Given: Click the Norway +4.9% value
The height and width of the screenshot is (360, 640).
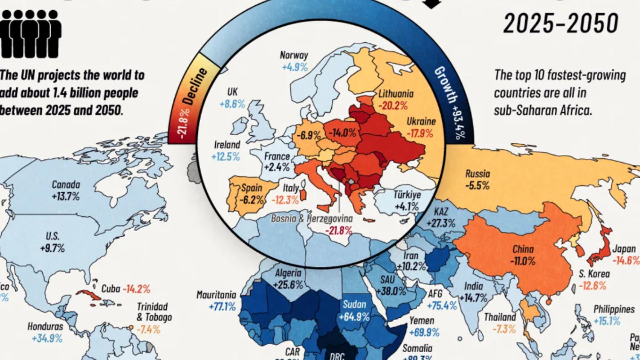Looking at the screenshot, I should click(x=295, y=67).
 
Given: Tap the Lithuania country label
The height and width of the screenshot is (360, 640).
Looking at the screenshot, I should click(x=396, y=94).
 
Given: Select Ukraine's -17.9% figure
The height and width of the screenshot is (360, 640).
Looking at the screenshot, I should click(x=420, y=134).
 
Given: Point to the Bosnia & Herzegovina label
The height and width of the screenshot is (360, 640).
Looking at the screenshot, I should click(x=312, y=219).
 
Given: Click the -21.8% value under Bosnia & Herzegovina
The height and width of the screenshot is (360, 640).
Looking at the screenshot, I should click(x=339, y=230).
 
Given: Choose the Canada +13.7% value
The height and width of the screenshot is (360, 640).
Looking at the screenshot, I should click(x=66, y=196).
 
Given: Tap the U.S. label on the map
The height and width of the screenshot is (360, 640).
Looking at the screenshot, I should click(x=53, y=236).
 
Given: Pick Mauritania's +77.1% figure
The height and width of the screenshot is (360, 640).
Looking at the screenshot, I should click(x=222, y=306).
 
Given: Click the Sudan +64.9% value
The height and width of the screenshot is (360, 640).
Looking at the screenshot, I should click(x=354, y=316).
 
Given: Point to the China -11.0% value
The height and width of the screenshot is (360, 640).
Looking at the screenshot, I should click(x=523, y=261).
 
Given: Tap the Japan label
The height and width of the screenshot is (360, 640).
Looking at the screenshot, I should click(x=624, y=249).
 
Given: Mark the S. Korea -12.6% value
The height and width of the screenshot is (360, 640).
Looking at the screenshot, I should click(x=592, y=286).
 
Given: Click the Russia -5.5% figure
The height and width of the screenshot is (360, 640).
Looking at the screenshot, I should click(x=477, y=185).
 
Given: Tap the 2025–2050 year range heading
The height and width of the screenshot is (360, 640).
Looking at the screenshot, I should click(x=561, y=23).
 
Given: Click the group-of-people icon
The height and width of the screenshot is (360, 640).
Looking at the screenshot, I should click(x=31, y=33).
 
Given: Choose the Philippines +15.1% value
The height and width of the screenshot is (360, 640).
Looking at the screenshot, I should click(x=607, y=321).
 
